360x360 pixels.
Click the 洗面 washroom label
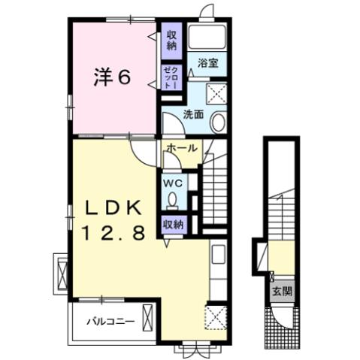(194, 115)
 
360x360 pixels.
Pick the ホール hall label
(181, 149)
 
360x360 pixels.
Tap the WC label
(173, 183)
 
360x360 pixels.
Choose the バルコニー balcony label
(110, 321)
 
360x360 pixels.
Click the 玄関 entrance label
(278, 290)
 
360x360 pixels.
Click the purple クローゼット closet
(171, 77)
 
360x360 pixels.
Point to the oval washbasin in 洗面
(218, 122)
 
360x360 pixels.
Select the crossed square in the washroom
(219, 94)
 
